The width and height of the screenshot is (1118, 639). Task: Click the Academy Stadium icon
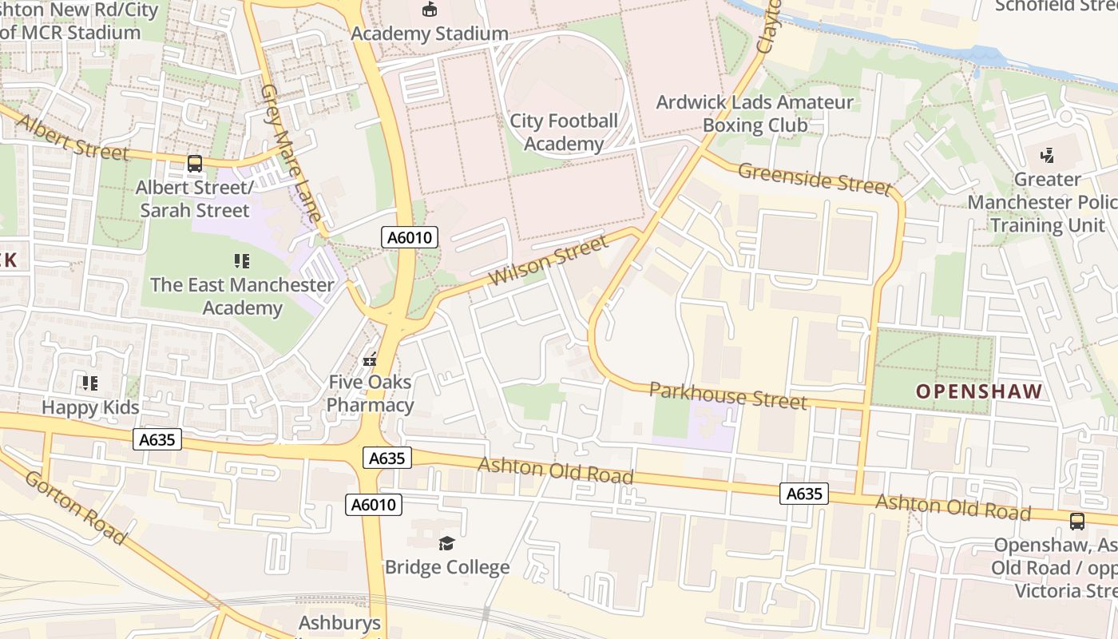(x=430, y=10)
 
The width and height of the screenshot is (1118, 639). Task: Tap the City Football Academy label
(x=564, y=133)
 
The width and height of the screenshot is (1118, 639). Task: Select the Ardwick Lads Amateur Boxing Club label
(x=755, y=114)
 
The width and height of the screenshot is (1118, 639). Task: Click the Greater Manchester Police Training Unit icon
(x=1047, y=155)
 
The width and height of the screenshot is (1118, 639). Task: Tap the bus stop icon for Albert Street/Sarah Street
(x=194, y=164)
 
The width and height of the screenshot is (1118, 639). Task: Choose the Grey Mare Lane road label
(x=291, y=152)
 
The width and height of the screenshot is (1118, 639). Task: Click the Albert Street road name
(x=72, y=137)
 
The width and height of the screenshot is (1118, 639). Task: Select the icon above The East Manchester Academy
(x=242, y=260)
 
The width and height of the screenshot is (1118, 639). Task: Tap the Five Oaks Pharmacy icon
(x=370, y=359)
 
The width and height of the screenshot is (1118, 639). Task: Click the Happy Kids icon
(x=90, y=383)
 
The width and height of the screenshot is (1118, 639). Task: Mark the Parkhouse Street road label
(x=727, y=395)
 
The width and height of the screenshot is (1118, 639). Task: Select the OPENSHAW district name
(x=979, y=391)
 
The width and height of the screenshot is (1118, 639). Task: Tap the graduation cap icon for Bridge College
(x=446, y=544)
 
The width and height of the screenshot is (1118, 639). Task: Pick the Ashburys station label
(x=339, y=623)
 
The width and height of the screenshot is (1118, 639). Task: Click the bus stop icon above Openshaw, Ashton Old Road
(x=1076, y=522)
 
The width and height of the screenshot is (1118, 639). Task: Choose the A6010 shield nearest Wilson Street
(x=409, y=237)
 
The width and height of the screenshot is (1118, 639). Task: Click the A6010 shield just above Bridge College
(x=374, y=505)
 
